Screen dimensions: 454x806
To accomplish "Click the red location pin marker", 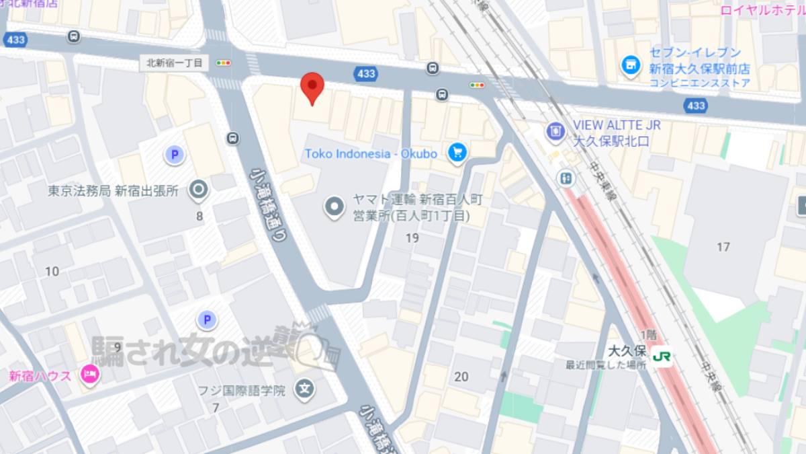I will pyautogui.click(x=312, y=87).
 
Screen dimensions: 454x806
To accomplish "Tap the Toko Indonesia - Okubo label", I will pyautogui.click(x=371, y=154).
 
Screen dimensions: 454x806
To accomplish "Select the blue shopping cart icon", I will pyautogui.click(x=458, y=153).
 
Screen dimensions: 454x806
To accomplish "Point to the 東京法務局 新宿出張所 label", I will pyautogui.click(x=113, y=191).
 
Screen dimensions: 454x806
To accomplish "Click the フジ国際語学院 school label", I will pyautogui.click(x=242, y=389).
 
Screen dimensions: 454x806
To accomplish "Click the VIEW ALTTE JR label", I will pyautogui.click(x=617, y=125).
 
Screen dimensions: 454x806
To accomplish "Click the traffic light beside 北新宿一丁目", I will pyautogui.click(x=223, y=63).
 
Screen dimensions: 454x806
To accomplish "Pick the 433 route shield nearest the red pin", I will pyautogui.click(x=367, y=74).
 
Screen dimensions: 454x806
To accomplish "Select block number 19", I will pyautogui.click(x=412, y=237).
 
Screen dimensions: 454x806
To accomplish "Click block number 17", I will pyautogui.click(x=723, y=247).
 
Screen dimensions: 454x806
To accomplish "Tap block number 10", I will pyautogui.click(x=52, y=271).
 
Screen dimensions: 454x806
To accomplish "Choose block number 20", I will pyautogui.click(x=461, y=377).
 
